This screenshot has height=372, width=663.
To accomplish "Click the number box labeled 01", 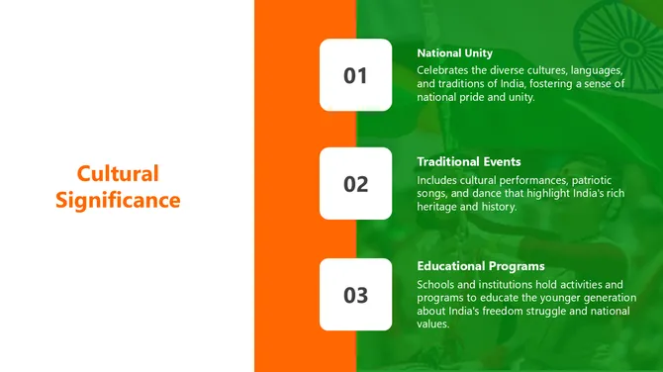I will coord(355,75).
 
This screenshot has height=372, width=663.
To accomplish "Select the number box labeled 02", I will coord(355,184).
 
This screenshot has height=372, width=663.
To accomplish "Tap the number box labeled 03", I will coord(355,295).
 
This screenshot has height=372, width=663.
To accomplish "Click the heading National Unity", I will coord(454,53).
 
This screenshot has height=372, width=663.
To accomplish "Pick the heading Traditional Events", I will coord(469,161).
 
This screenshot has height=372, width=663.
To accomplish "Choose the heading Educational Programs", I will coord(481,266).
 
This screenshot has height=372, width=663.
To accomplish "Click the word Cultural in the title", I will coord(118,174).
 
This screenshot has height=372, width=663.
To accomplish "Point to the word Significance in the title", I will coord(118,201).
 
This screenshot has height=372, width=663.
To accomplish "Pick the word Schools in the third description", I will coord(438,285).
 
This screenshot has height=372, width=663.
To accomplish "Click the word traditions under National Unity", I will coord(466,84).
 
